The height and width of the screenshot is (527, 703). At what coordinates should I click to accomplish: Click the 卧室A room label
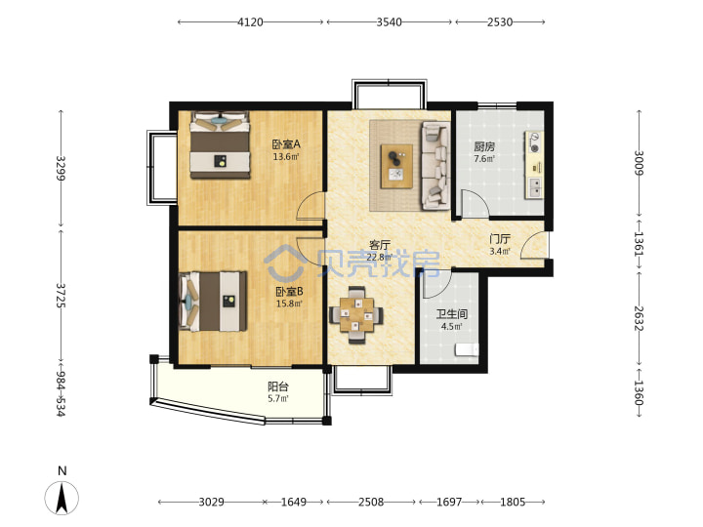(x=286, y=144)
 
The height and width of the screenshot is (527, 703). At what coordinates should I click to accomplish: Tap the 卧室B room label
(x=289, y=291)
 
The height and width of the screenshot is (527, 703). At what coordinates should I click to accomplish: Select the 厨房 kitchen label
(x=484, y=146)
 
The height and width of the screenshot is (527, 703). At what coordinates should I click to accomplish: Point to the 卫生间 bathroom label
(x=452, y=314)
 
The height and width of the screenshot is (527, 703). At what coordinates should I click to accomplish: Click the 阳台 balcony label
(x=278, y=386)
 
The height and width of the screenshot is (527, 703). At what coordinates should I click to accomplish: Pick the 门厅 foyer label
(x=500, y=239)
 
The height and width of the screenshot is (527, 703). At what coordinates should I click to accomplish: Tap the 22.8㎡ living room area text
(x=379, y=258)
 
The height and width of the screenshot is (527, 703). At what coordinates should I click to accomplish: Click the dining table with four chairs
(x=356, y=315)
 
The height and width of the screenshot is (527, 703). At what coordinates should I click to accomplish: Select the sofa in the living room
(x=435, y=166)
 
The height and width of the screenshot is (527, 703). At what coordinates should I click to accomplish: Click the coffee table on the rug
(x=396, y=166)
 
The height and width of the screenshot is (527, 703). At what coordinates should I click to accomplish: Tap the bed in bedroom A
(x=220, y=144)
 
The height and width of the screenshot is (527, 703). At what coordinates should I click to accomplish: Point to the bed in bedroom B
(x=213, y=301)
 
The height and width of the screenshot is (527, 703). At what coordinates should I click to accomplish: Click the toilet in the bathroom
(x=467, y=349)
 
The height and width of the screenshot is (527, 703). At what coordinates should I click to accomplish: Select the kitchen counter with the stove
(x=534, y=165)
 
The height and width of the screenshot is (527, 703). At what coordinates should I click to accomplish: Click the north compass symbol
(x=62, y=498)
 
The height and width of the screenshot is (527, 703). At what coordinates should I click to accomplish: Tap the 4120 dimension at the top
(x=250, y=21)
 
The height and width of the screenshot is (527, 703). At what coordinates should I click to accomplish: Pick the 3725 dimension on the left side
(x=61, y=295)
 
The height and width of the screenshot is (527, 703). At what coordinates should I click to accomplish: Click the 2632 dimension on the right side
(x=640, y=318)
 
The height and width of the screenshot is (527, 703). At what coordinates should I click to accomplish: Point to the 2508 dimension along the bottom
(x=371, y=502)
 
